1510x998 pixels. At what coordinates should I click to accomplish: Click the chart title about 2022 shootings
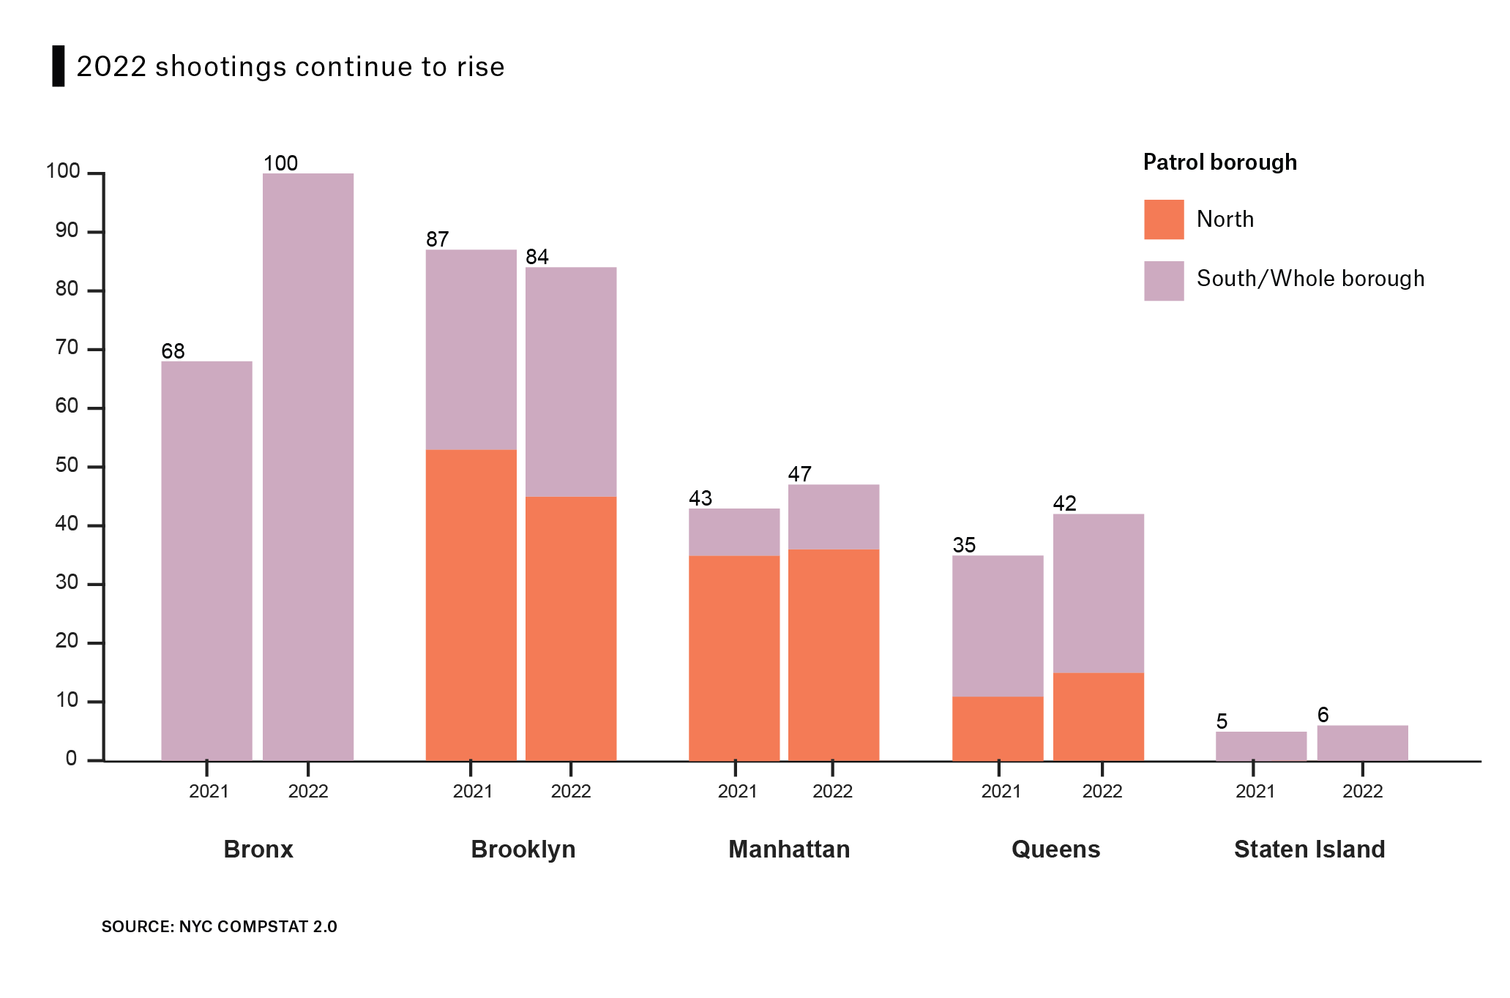(x=290, y=67)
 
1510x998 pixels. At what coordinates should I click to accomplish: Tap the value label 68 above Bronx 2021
(x=173, y=351)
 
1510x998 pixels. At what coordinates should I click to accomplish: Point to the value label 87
(x=437, y=239)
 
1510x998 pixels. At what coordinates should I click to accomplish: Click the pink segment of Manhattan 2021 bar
(x=734, y=532)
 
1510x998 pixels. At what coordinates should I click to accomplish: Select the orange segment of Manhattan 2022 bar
(x=834, y=655)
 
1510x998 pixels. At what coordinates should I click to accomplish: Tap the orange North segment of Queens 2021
(x=998, y=728)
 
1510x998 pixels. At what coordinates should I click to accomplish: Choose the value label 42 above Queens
(x=1064, y=503)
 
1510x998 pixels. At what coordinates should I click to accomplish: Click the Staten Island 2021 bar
(x=1260, y=746)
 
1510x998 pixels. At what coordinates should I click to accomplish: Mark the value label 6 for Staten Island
(x=1323, y=715)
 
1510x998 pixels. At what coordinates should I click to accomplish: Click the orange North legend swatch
(x=1164, y=220)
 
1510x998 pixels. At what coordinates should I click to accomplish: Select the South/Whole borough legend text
(x=1310, y=279)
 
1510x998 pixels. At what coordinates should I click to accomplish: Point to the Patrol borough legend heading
(x=1219, y=162)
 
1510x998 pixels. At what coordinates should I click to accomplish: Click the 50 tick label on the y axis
(x=67, y=465)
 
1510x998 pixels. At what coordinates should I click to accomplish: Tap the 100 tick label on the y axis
(x=63, y=172)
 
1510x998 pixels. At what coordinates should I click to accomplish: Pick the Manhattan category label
(x=789, y=849)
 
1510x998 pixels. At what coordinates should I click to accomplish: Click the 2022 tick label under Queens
(x=1102, y=791)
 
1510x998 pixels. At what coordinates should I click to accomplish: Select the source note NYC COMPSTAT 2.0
(x=219, y=926)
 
